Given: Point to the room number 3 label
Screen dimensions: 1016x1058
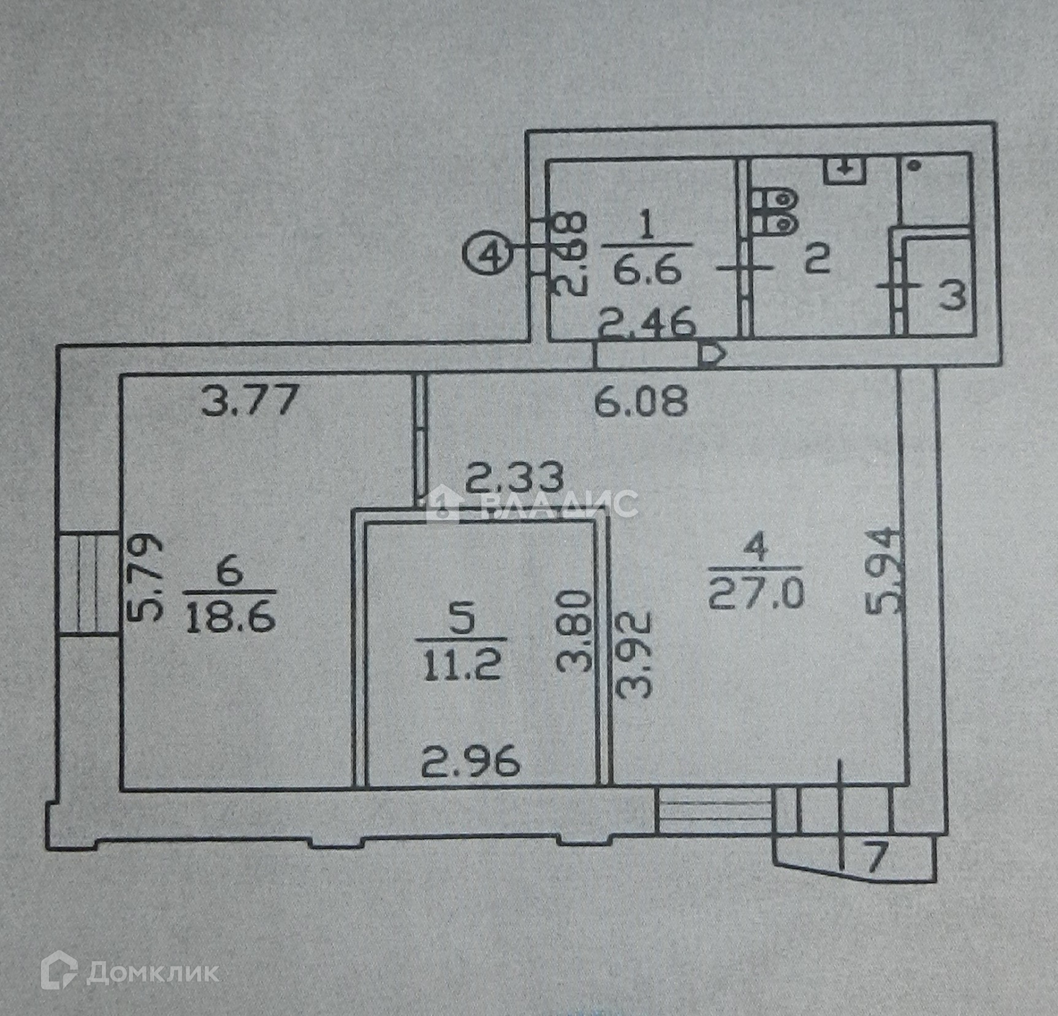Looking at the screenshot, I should tap(953, 295).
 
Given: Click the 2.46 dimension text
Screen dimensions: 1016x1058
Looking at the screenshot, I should tap(647, 325).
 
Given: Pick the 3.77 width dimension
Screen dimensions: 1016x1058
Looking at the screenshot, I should tap(249, 401).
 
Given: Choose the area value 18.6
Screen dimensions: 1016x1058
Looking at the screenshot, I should tap(230, 619).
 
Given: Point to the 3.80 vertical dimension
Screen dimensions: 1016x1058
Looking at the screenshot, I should tap(573, 631).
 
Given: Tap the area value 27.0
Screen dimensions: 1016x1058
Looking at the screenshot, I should tap(756, 594).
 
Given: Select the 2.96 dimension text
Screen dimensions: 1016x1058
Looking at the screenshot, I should tap(471, 762).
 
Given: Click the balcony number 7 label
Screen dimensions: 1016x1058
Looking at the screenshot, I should tap(875, 859).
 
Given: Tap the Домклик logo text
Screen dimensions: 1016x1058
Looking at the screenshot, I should tap(152, 972).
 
